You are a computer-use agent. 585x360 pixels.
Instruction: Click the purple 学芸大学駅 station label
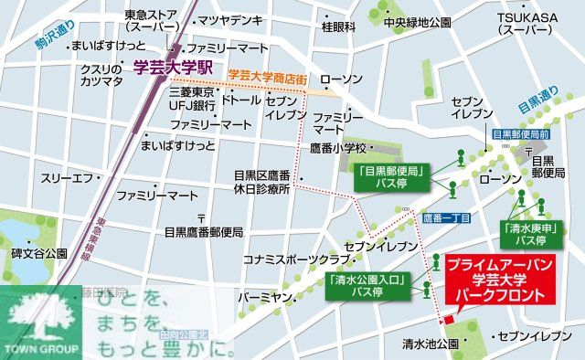(173, 67)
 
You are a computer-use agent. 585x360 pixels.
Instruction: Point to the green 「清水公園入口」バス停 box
(366, 286)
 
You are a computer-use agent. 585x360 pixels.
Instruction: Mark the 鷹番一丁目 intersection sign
(447, 218)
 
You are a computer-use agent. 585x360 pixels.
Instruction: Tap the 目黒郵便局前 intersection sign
(520, 134)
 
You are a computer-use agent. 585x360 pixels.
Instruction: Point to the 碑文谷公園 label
(37, 252)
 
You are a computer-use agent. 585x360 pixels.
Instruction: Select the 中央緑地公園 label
(417, 22)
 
